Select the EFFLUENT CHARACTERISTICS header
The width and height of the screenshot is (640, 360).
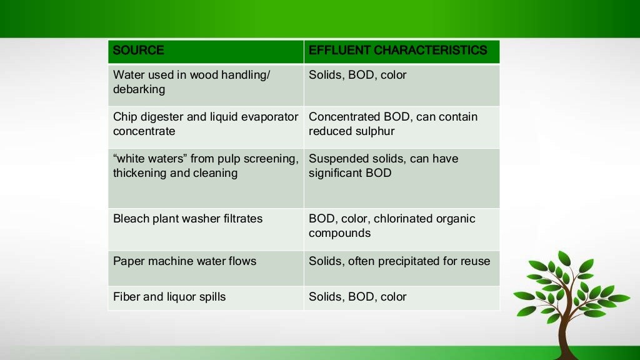[397, 51]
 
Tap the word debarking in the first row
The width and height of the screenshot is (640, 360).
[139, 89]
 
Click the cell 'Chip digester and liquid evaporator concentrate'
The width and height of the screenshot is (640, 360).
[206, 124]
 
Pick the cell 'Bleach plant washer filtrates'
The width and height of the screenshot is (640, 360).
[187, 219]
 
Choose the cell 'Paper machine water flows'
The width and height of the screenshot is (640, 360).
[184, 261]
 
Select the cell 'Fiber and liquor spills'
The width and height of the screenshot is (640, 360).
[169, 297]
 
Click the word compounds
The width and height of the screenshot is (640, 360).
[339, 233]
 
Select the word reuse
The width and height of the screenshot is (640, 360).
[475, 261]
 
